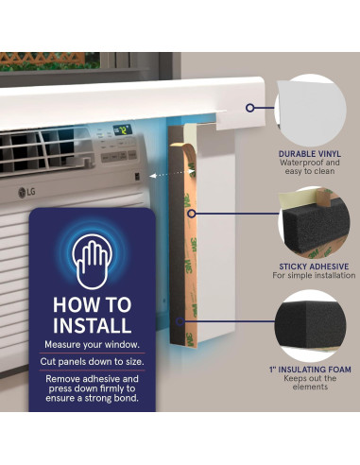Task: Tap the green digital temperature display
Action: click(122, 129)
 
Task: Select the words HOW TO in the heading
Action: click(92, 305)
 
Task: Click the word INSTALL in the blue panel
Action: click(92, 326)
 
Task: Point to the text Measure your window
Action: click(92, 347)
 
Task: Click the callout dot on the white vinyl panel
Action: click(249, 108)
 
